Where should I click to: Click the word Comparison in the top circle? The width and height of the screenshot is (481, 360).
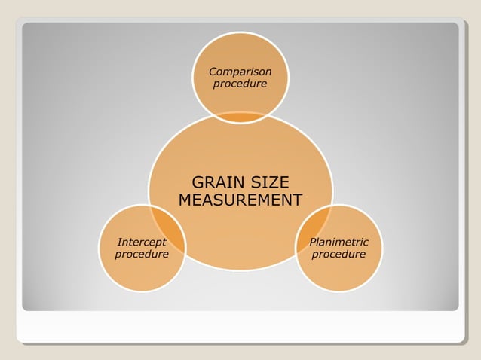coord(240,72)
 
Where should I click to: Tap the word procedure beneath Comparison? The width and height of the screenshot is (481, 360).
coord(240,84)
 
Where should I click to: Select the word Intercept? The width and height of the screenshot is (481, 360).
coord(142,243)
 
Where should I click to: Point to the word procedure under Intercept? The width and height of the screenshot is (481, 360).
coord(142,255)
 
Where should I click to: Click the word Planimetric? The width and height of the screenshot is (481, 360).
coord(339,243)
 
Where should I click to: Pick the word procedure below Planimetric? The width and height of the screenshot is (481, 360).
coord(339,255)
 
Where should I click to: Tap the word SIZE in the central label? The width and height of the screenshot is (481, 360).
coord(268,183)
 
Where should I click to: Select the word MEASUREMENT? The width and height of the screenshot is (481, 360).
coord(240,200)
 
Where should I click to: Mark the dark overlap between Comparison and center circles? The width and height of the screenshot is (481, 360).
coord(240,117)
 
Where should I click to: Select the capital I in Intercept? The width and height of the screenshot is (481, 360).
coord(119,243)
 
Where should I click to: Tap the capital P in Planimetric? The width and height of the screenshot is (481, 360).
coord(312,243)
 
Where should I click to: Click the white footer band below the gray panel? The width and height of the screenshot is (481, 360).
coord(240,328)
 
